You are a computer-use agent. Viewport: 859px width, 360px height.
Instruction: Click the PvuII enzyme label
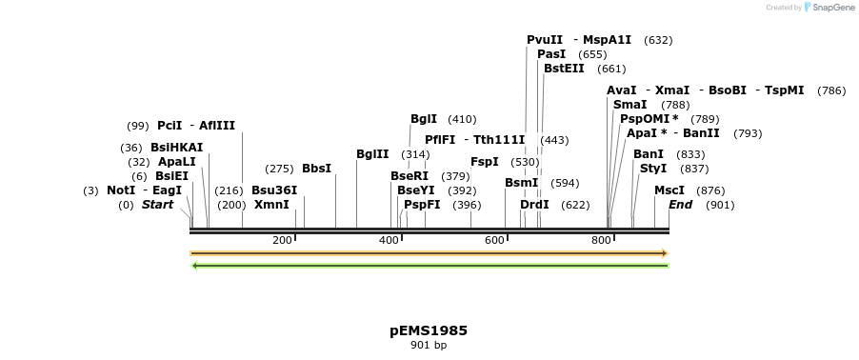click(x=545, y=40)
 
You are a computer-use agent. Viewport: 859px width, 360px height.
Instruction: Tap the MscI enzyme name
click(x=669, y=190)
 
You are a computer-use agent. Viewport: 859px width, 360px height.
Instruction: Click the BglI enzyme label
click(x=424, y=119)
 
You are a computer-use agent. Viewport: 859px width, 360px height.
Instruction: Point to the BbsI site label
click(x=316, y=169)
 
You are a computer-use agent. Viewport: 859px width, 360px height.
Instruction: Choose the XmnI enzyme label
click(x=271, y=205)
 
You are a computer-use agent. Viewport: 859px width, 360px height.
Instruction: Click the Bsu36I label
click(x=274, y=190)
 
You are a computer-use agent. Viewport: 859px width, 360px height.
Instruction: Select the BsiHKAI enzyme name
click(x=177, y=148)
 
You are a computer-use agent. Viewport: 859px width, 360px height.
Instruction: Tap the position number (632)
click(x=658, y=40)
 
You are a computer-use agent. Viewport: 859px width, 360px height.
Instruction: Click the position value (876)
click(x=710, y=190)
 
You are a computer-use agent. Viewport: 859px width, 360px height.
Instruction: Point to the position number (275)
click(x=279, y=169)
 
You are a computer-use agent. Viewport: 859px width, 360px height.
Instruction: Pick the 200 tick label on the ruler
click(x=282, y=240)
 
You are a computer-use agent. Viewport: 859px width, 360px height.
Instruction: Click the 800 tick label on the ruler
click(x=601, y=240)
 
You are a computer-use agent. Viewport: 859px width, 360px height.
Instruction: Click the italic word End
click(x=681, y=205)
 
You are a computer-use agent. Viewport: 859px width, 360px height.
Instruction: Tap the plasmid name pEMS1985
click(x=429, y=330)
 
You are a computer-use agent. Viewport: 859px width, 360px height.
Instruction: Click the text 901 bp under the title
click(x=429, y=345)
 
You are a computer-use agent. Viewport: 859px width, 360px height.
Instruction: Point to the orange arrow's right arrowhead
click(x=664, y=253)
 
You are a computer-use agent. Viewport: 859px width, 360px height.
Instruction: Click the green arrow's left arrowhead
click(x=195, y=266)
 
